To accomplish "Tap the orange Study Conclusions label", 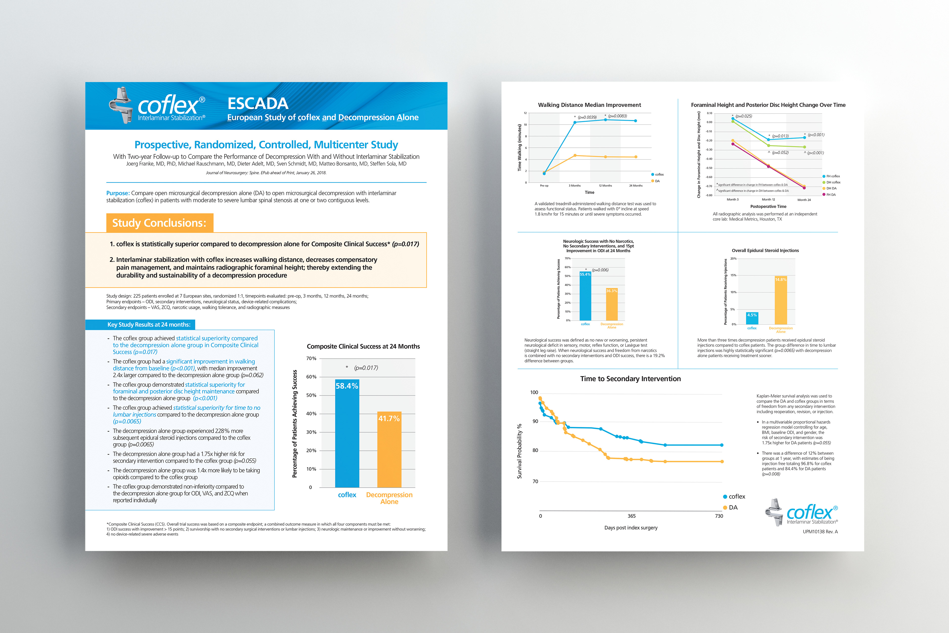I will [x=159, y=223].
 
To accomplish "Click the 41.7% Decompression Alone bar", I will [x=389, y=450].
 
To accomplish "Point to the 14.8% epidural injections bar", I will [x=780, y=301].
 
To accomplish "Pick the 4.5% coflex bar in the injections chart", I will [x=752, y=318].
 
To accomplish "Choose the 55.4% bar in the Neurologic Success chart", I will [x=585, y=297].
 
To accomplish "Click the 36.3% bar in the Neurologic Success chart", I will [x=612, y=305].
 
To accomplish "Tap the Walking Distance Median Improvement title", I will [x=589, y=105].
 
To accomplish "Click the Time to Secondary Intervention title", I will [x=630, y=379].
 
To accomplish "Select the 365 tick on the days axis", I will [x=631, y=516].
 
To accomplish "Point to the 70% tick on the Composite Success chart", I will [x=311, y=359].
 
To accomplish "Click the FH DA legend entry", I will [x=831, y=195].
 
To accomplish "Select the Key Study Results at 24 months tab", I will [x=149, y=325].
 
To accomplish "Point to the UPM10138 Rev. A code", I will [x=820, y=532].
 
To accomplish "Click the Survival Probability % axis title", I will [x=519, y=451].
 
